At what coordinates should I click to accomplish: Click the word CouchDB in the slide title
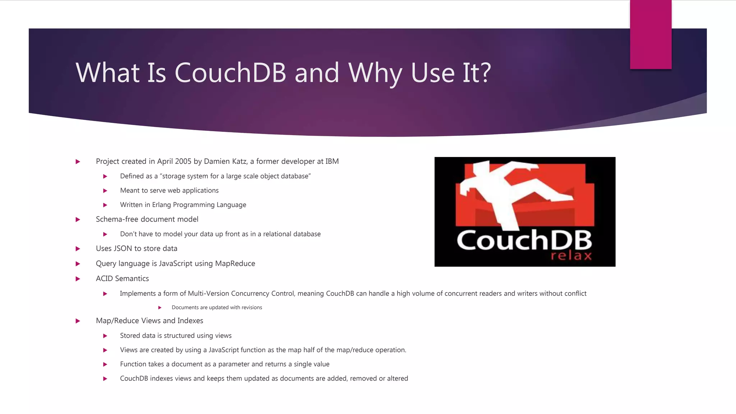point(230,73)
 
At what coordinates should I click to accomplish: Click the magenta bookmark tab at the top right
point(650,34)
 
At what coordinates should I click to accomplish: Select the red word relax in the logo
point(571,256)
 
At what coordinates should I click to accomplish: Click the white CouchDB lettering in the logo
point(524,240)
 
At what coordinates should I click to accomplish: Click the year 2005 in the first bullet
point(183,161)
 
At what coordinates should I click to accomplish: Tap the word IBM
point(332,161)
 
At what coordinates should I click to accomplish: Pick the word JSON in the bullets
point(123,249)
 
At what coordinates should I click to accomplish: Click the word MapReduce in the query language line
point(235,264)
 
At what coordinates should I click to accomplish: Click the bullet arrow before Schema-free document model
point(78,220)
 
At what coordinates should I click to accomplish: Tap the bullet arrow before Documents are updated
point(160,308)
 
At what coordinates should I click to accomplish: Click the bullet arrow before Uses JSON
point(78,249)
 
